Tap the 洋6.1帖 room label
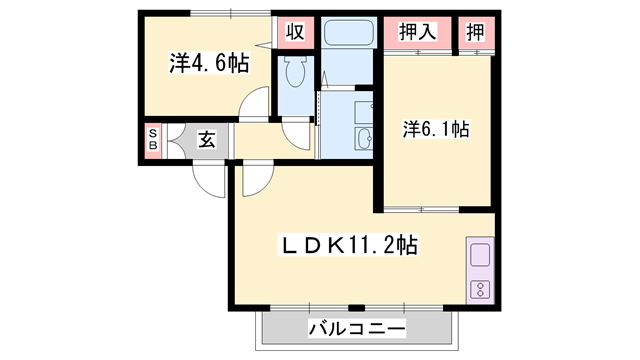(x=436, y=128)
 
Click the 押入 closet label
(x=417, y=31)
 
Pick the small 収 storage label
(x=295, y=31)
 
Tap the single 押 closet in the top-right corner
(x=476, y=31)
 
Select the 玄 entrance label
(x=205, y=139)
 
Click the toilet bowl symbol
(x=295, y=72)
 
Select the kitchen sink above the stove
(x=480, y=255)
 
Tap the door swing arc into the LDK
(x=256, y=179)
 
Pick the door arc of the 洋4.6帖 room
(x=259, y=103)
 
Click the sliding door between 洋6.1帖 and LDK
(x=421, y=209)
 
